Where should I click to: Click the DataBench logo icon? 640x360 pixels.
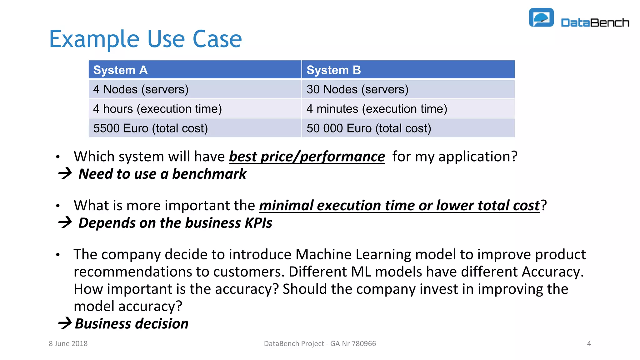click(541, 18)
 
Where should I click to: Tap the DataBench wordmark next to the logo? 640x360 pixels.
click(595, 23)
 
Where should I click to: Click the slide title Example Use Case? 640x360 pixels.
click(145, 39)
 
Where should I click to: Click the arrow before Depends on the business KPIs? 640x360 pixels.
click(65, 222)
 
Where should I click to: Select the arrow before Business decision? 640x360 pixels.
click(65, 323)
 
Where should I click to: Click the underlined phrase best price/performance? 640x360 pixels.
click(307, 157)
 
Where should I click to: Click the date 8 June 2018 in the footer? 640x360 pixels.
click(68, 344)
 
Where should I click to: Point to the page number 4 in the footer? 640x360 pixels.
click(589, 344)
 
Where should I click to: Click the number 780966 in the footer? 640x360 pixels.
click(364, 344)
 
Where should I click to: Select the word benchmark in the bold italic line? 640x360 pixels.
click(209, 174)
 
